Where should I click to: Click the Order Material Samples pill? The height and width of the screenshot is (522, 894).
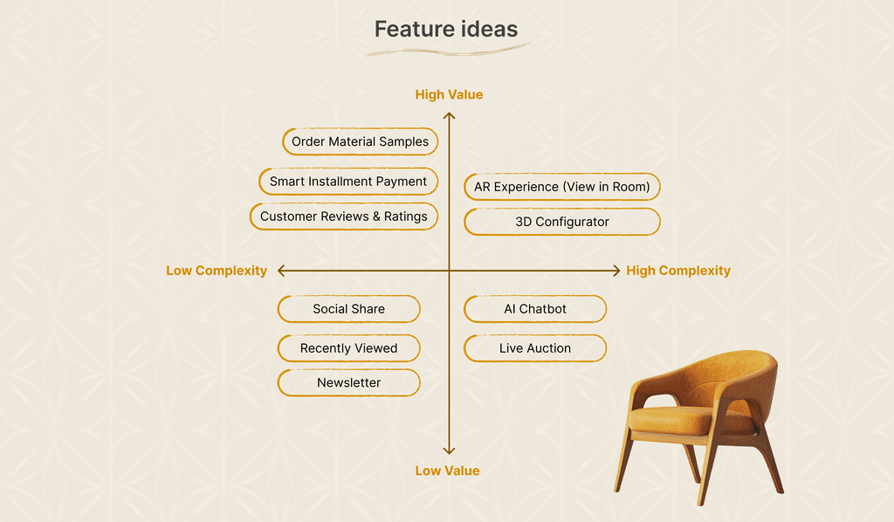point(360,141)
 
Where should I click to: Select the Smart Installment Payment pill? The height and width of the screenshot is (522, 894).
point(347,182)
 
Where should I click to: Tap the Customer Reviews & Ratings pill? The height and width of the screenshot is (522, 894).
point(344,216)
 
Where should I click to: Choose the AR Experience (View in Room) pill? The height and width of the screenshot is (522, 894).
point(562,187)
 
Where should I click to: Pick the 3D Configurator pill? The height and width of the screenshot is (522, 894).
point(562,222)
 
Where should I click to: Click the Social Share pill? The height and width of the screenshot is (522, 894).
point(349,309)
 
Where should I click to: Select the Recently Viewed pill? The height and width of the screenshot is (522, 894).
point(349,348)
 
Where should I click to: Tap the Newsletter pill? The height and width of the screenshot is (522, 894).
point(349,383)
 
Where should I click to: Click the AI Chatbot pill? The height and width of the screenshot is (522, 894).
point(535,309)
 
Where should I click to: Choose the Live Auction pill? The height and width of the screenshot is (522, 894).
point(535,348)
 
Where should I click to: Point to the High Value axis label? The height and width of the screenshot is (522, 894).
point(449,94)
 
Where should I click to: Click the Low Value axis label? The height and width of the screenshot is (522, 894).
point(447,470)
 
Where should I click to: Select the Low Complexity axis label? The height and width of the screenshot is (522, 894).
point(217,271)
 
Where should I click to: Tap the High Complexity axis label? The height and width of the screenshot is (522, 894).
point(678,271)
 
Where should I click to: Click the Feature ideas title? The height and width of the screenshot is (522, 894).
point(446,29)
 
